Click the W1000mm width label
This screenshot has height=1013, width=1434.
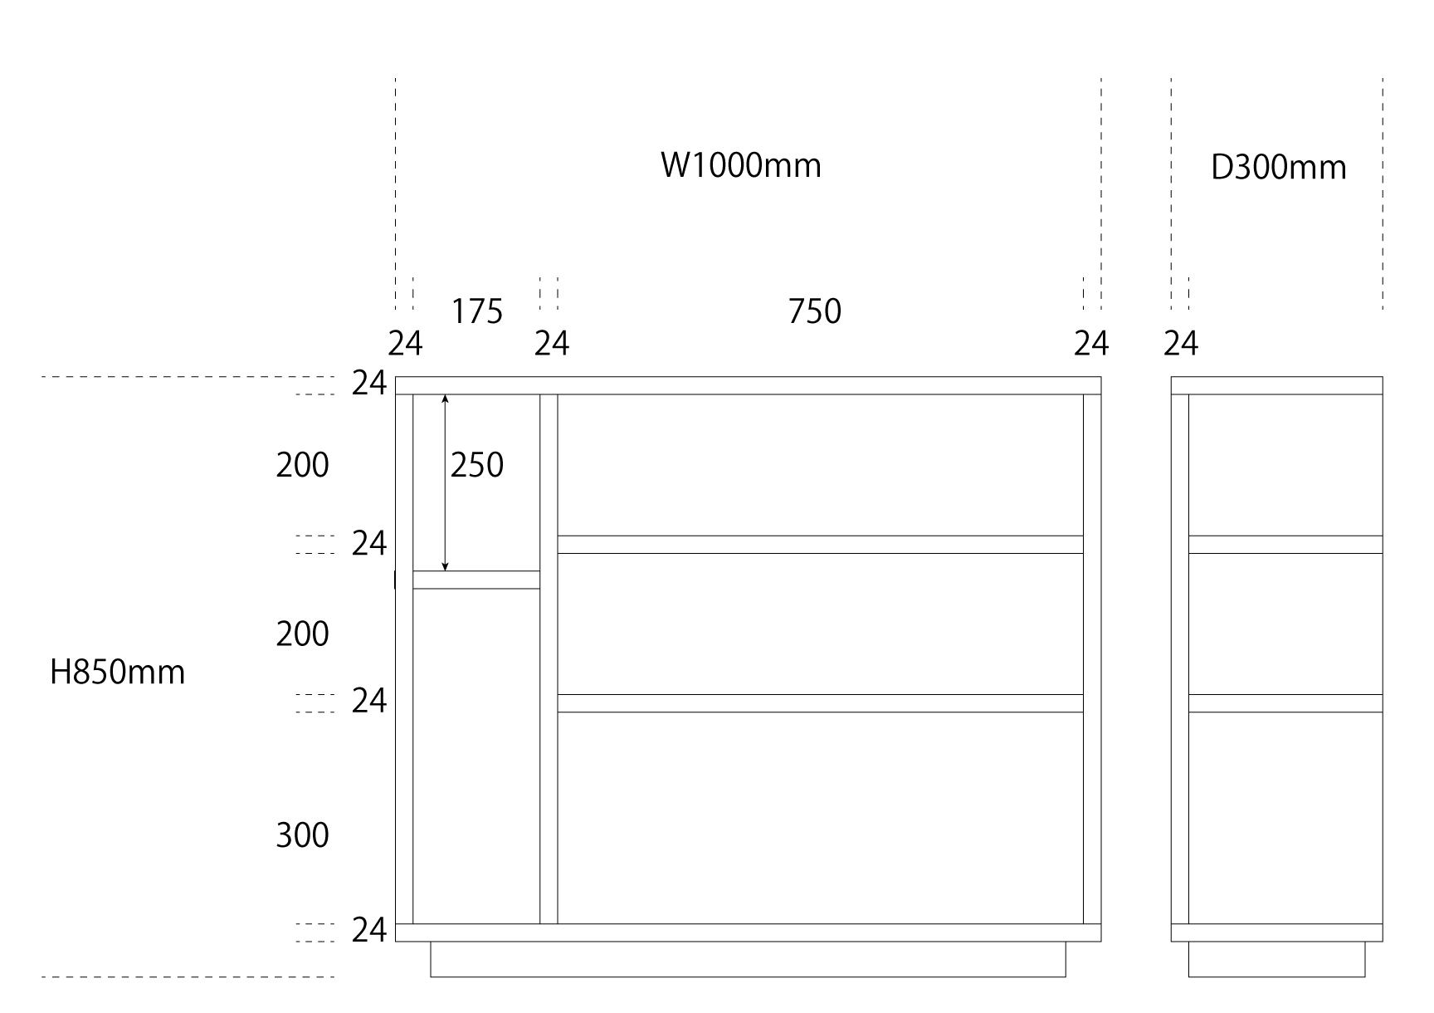click(740, 165)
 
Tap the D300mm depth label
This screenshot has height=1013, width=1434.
click(1278, 168)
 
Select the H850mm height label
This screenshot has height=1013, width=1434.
click(117, 672)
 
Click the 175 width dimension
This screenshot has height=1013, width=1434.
click(476, 312)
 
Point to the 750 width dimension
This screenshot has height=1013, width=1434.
click(814, 311)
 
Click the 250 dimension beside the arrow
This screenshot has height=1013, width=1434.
click(476, 466)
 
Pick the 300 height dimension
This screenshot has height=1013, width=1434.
click(302, 835)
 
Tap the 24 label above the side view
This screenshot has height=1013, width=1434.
click(1180, 343)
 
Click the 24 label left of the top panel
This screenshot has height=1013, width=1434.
click(368, 384)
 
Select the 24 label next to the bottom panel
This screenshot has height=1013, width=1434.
click(368, 931)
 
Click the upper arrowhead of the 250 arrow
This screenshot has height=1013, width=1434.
click(445, 399)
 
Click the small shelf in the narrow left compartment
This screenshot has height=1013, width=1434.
click(476, 580)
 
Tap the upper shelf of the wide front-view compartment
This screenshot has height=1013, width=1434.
click(820, 545)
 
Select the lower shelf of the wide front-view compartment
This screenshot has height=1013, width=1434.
click(820, 703)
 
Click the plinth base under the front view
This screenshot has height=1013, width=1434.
click(747, 959)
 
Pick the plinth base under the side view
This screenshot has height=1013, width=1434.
click(1275, 959)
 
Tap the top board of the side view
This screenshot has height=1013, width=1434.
click(1276, 385)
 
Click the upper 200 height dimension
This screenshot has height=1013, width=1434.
click(302, 466)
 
